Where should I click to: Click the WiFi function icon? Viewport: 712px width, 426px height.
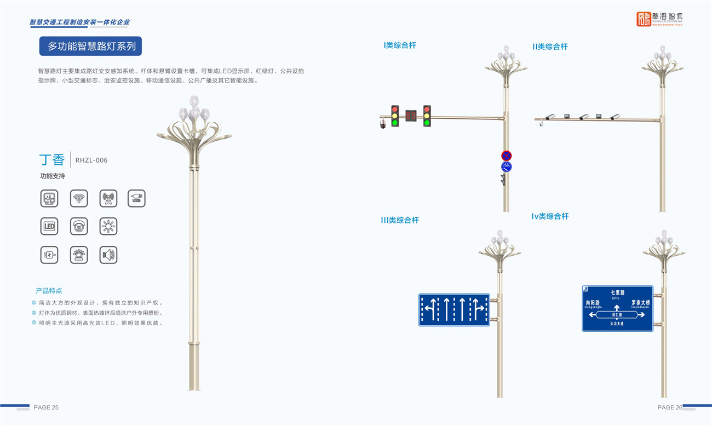[79, 198]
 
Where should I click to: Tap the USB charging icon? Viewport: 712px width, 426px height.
[136, 198]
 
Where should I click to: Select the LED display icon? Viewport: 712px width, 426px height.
[49, 226]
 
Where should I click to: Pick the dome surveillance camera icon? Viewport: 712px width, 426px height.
[79, 226]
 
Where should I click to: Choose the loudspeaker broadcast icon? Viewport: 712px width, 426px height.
[108, 255]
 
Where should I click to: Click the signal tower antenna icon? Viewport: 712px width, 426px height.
[108, 198]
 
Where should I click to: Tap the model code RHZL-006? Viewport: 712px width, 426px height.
[91, 160]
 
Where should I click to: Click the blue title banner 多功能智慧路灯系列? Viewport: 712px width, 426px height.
[90, 47]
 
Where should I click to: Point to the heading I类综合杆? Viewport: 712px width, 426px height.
[400, 45]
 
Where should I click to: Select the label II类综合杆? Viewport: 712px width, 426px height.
[550, 47]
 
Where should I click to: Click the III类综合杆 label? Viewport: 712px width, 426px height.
[400, 220]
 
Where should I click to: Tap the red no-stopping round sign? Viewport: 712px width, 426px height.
[506, 156]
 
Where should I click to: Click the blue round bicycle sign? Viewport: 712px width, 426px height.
[506, 167]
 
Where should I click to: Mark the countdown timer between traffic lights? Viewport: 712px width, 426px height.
[411, 116]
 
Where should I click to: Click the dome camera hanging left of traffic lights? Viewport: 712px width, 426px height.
[383, 125]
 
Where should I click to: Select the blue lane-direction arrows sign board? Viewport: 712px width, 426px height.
[454, 310]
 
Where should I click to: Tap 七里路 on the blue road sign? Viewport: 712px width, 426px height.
[617, 293]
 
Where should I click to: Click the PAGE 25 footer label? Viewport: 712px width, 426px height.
[46, 407]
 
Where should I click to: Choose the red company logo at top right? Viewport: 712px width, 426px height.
[644, 19]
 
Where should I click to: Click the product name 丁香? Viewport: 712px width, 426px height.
[52, 160]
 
